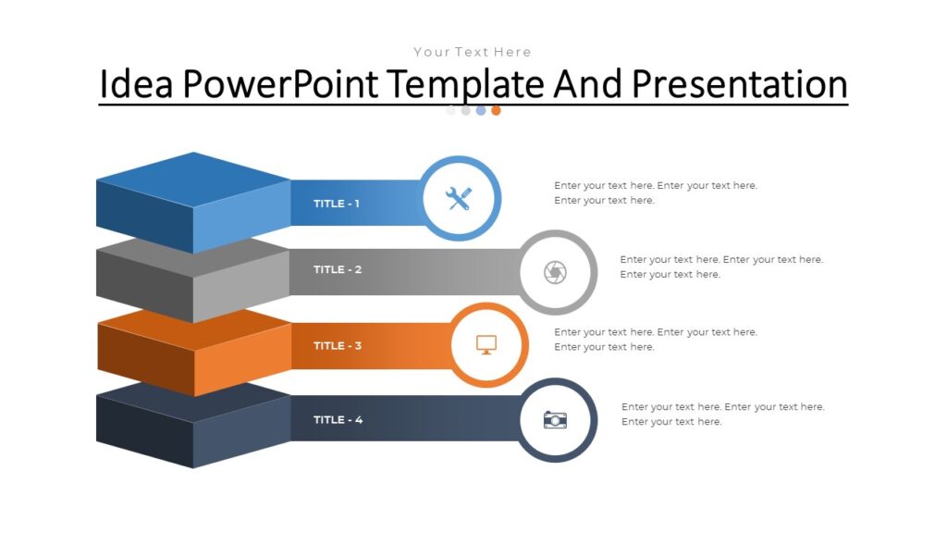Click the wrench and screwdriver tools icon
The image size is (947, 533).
pyautogui.click(x=460, y=198)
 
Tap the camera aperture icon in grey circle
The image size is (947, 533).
pyautogui.click(x=555, y=272)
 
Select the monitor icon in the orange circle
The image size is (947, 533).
pyautogui.click(x=486, y=345)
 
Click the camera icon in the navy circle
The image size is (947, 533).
pyautogui.click(x=555, y=419)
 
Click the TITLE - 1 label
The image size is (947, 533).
pyautogui.click(x=337, y=204)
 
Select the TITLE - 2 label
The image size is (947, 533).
pyautogui.click(x=337, y=270)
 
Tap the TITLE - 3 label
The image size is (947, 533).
pyautogui.click(x=337, y=346)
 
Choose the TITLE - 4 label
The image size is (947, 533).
pyautogui.click(x=338, y=420)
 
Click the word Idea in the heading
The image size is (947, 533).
pyautogui.click(x=137, y=84)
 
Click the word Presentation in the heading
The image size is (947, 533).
pyautogui.click(x=740, y=84)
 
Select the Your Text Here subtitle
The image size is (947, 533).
pyautogui.click(x=473, y=52)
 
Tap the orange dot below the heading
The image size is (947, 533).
pyautogui.click(x=496, y=110)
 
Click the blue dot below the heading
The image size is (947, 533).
pyautogui.click(x=481, y=110)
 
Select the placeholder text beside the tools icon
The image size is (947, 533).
pyautogui.click(x=656, y=192)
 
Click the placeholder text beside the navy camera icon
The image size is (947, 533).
pyautogui.click(x=722, y=414)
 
